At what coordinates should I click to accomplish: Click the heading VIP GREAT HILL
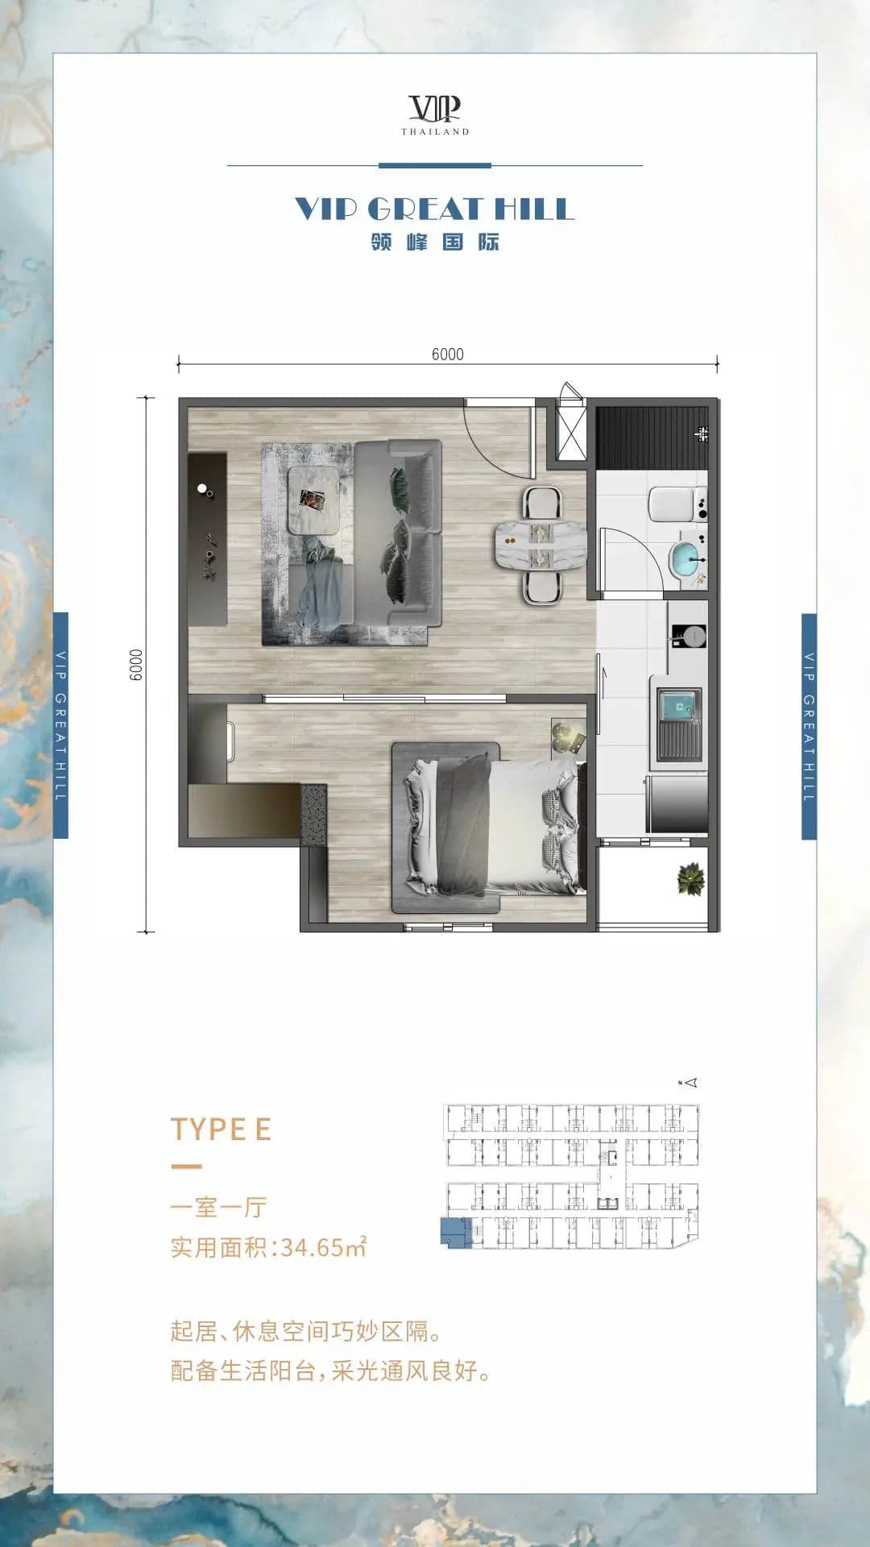[x=435, y=209]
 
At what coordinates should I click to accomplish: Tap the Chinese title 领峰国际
[x=435, y=242]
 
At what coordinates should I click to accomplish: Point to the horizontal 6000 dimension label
[x=447, y=355]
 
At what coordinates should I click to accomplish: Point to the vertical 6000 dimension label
[x=136, y=665]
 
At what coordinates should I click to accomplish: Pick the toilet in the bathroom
[x=678, y=504]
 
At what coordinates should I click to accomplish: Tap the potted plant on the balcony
[x=690, y=879]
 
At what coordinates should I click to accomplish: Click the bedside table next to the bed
[x=568, y=736]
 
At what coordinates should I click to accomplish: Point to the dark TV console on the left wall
[x=207, y=539]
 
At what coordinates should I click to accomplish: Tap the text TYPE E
[x=221, y=1129]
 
